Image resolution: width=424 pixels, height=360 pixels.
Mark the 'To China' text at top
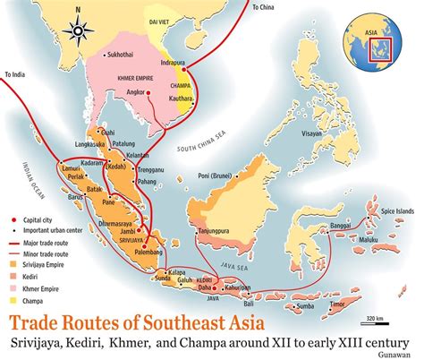pyautogui.click(x=262, y=6)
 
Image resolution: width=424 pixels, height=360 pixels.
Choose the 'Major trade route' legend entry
pyautogui.click(x=39, y=242)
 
